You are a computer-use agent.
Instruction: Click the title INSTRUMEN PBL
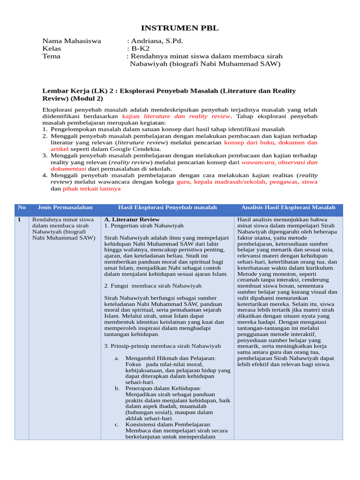click(180, 29)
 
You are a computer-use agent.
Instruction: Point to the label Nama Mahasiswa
click(71, 41)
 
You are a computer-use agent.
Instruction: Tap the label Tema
click(51, 56)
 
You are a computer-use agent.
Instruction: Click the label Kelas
click(52, 48)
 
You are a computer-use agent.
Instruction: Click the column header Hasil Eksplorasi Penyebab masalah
click(167, 207)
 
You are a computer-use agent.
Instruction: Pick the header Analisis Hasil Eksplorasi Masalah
click(288, 207)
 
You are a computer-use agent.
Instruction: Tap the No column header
click(22, 207)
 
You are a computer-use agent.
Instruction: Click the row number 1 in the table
click(19, 219)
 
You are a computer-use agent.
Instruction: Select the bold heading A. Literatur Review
click(132, 219)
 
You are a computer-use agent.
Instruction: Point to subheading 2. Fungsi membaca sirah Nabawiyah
click(153, 285)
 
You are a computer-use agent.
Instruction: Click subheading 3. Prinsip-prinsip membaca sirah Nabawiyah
click(162, 346)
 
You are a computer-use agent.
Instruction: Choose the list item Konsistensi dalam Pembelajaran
click(168, 424)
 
